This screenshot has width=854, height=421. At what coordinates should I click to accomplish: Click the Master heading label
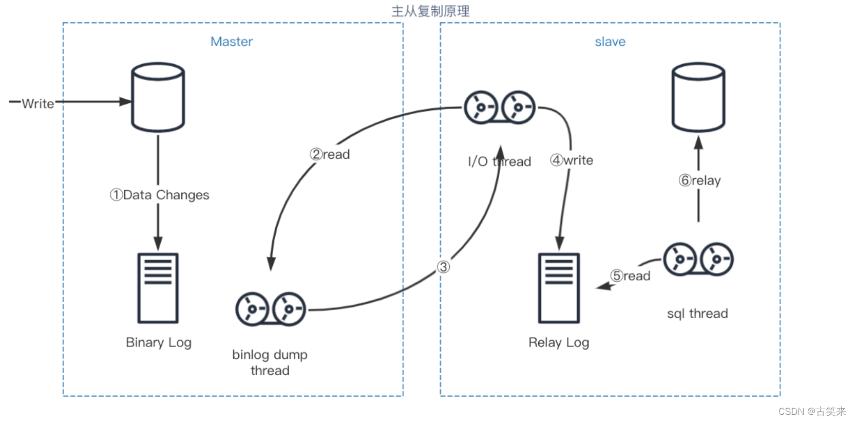(232, 42)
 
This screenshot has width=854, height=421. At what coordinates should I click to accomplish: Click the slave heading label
(610, 42)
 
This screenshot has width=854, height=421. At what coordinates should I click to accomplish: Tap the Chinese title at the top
(430, 11)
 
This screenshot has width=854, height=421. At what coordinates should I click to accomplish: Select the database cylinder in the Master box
(158, 98)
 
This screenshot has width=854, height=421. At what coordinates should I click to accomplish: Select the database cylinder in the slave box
(698, 98)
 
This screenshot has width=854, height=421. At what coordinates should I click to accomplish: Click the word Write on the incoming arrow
(38, 103)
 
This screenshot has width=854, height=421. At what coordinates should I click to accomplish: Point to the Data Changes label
(160, 195)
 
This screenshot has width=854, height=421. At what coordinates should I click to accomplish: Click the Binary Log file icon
(158, 288)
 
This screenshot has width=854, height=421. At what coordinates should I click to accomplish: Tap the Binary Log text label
(159, 342)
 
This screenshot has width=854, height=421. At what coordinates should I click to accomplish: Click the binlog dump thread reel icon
(271, 309)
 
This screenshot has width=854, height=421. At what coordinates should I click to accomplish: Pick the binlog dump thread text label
(270, 362)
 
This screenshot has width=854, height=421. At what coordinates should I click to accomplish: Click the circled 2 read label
(330, 154)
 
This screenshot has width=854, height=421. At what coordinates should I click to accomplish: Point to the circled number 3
(443, 267)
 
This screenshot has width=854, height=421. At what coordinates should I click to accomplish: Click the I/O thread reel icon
(500, 107)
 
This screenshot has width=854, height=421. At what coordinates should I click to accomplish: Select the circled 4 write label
(572, 160)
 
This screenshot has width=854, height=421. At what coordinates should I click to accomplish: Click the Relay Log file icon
(559, 288)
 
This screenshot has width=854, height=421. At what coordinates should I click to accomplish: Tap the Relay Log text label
(559, 342)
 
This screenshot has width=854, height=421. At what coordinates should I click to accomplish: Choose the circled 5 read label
(630, 276)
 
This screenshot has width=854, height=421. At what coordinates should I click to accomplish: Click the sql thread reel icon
(698, 259)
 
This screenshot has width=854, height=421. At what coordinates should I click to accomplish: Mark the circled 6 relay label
(699, 180)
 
